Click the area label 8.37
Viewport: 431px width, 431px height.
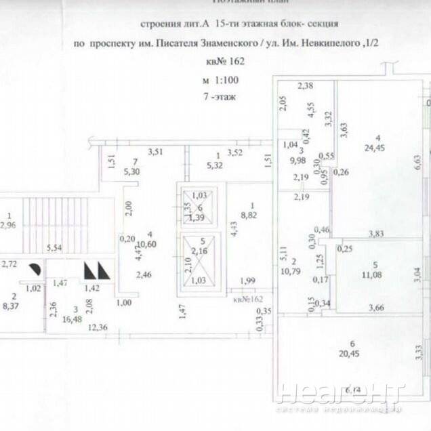coord(14,306)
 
